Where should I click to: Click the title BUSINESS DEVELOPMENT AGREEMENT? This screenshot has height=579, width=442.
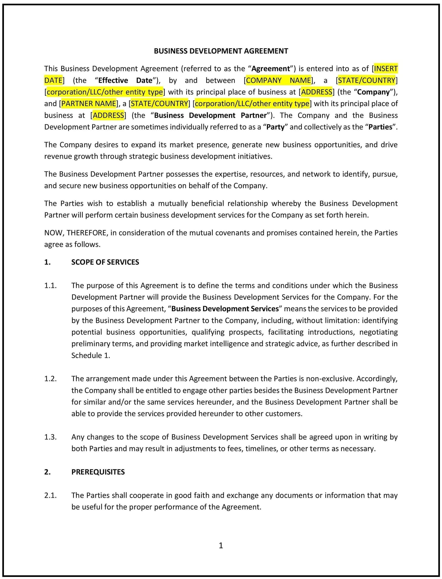pyautogui.click(x=221, y=51)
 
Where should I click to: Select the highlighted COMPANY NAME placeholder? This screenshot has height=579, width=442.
pyautogui.click(x=278, y=80)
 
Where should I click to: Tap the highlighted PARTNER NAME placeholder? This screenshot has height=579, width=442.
pyautogui.click(x=89, y=104)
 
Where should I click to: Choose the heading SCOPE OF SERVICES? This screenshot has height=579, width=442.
pyautogui.click(x=105, y=262)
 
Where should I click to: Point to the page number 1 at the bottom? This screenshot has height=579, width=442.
pyautogui.click(x=221, y=545)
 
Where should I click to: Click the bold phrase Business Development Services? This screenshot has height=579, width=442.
pyautogui.click(x=225, y=309)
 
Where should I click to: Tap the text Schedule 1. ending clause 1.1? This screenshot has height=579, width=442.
pyautogui.click(x=91, y=356)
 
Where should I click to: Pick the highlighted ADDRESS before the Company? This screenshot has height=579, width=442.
pyautogui.click(x=316, y=92)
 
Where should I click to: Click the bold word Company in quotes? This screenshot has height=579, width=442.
pyautogui.click(x=373, y=92)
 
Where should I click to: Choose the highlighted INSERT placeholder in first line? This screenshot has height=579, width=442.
pyautogui.click(x=385, y=69)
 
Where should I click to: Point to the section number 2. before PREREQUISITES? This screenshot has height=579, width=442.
pyautogui.click(x=47, y=472)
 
